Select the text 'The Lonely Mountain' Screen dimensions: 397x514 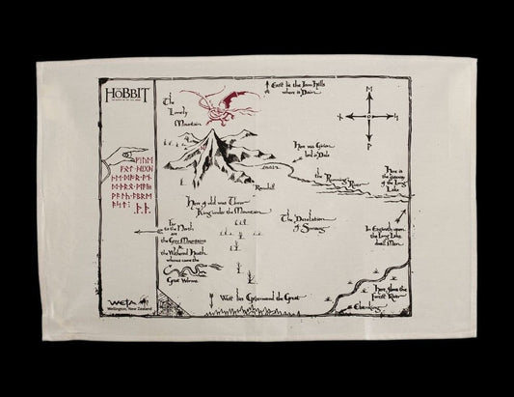(178, 114)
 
